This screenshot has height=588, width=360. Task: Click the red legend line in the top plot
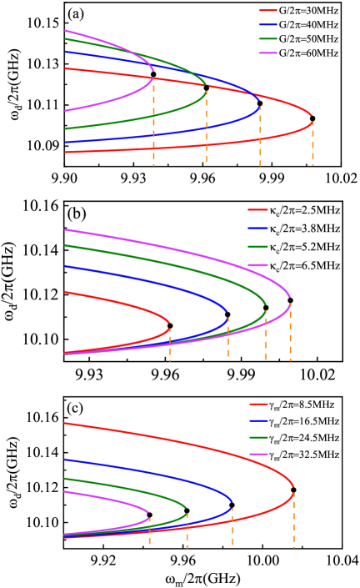[x=267, y=11]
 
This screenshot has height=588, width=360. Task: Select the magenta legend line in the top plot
[x=267, y=53]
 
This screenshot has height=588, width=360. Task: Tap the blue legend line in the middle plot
[x=257, y=229]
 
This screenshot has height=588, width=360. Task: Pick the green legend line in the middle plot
[x=257, y=247]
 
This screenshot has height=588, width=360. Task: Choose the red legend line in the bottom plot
[x=258, y=404]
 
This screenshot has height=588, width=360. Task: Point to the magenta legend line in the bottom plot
[x=258, y=455]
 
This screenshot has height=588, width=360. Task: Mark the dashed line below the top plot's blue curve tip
[x=260, y=138]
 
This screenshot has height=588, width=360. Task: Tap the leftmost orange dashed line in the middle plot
[x=170, y=345]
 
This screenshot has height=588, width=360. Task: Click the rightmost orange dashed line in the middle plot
[x=290, y=334]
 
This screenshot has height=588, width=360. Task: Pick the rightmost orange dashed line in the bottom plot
[x=294, y=521]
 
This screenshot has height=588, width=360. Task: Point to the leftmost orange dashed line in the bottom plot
[x=149, y=531]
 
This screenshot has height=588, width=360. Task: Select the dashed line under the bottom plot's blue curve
[x=232, y=525]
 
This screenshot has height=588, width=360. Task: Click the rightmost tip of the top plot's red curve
[x=312, y=116]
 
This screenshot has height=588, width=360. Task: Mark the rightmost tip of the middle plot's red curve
[x=170, y=322]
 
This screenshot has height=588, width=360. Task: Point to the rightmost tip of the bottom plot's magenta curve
[x=149, y=513]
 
